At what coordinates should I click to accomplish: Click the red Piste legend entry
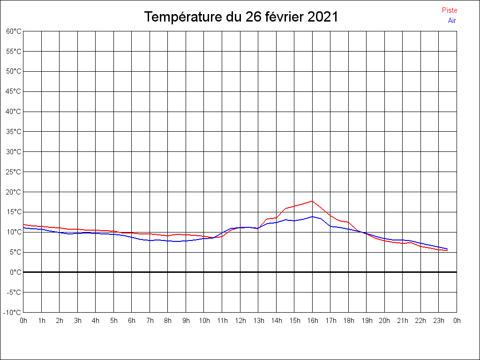coord(449,10)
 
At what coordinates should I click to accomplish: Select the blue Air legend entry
coord(452,20)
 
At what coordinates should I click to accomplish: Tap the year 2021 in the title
coord(322,17)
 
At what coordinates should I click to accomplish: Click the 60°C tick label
coord(14,31)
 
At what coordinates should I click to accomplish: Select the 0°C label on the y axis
coord(15,272)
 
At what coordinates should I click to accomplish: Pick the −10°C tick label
coord(13,312)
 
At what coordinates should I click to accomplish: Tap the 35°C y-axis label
coord(14,132)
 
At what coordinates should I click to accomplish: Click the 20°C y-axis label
coord(14,192)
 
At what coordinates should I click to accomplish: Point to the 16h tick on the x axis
coord(312,321)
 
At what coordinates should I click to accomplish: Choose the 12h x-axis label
coord(240,321)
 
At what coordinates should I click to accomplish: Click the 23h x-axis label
coord(439,321)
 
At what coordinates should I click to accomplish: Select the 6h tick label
coord(132,321)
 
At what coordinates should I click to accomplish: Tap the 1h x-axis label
coord(42,321)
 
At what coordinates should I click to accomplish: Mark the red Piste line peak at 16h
coord(312,201)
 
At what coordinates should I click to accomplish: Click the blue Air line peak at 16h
coord(312,217)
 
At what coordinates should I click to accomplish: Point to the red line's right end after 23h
coord(448,251)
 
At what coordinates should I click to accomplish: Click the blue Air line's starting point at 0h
coord(24,228)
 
